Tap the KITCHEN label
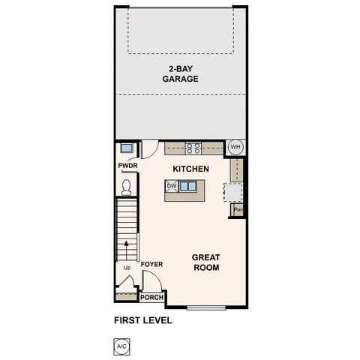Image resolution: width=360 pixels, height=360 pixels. [190, 169]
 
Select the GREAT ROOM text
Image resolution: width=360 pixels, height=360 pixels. [206, 262]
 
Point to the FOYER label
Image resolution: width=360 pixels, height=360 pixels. [151, 264]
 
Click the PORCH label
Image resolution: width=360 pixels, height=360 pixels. [152, 298]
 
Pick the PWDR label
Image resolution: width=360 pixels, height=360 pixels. [126, 165]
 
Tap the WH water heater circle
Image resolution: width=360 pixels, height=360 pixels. [235, 147]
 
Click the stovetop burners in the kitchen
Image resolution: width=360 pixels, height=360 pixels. [193, 148]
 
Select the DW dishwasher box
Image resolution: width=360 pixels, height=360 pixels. [171, 186]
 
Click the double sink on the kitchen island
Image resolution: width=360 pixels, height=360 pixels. [188, 186]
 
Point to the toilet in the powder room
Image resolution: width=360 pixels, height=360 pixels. [126, 184]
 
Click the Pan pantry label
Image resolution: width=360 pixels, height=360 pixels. [238, 209]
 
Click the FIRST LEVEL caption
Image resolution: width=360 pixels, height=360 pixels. [143, 320]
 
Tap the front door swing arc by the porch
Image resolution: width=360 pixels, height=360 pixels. [151, 281]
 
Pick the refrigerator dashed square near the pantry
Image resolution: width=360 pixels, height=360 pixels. [233, 193]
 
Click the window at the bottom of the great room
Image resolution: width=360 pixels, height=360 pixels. [206, 307]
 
